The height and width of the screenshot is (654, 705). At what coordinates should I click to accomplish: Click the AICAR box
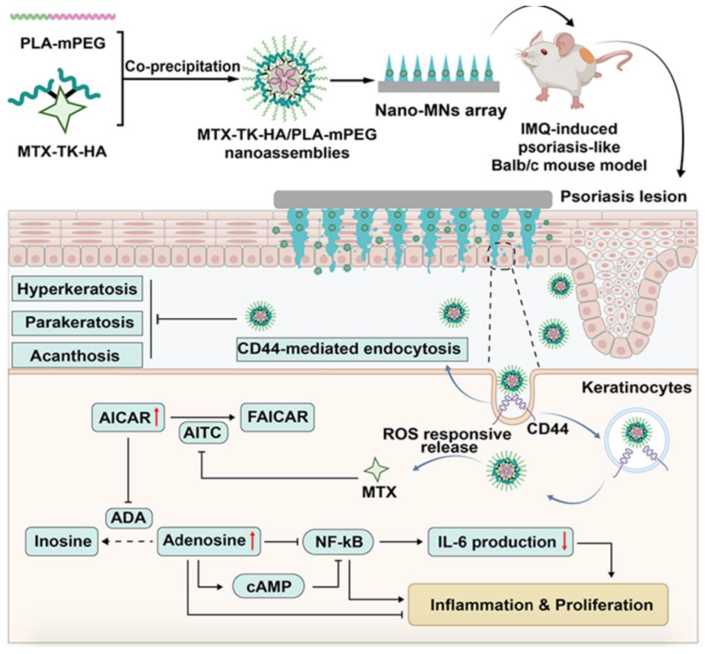pos(128,418)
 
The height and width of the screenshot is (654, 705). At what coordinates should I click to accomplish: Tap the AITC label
pos(203,432)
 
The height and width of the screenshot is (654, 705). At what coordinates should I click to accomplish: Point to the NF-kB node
pos(338,542)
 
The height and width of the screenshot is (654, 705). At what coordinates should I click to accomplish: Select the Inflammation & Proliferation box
pos(538,605)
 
